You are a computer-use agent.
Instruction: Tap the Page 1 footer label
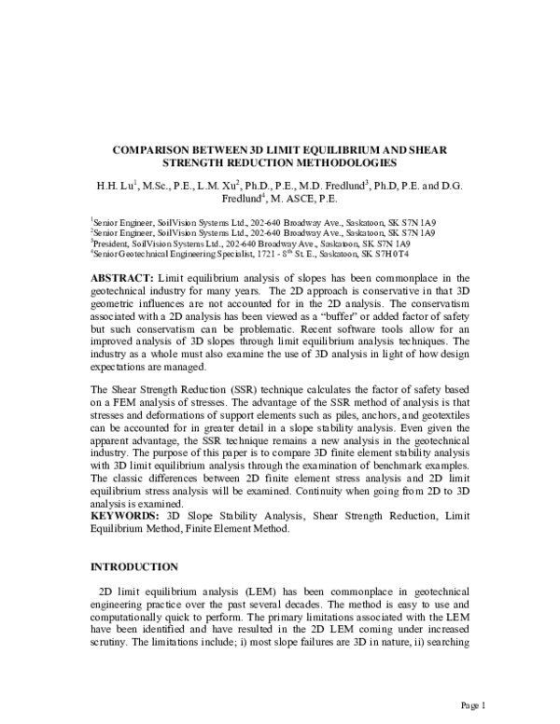[472, 703]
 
